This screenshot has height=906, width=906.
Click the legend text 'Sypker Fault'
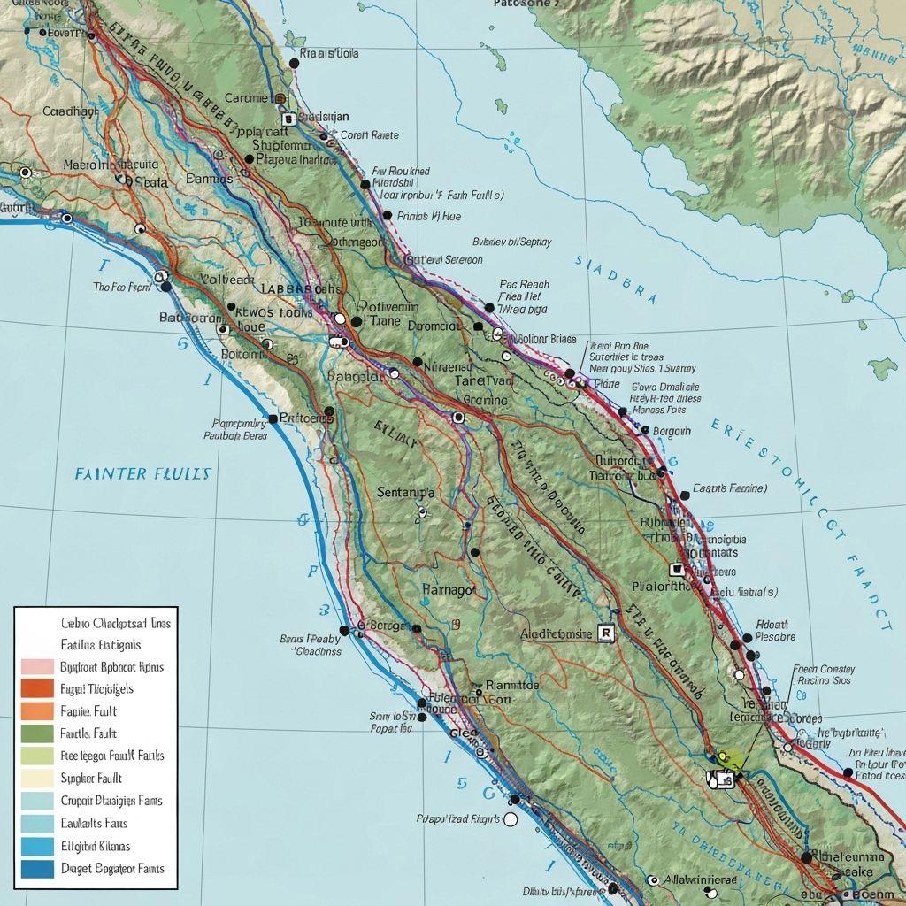(x=90, y=779)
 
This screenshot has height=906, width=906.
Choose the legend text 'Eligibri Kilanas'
(x=95, y=846)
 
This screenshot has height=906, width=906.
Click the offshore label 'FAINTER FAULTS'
(x=142, y=474)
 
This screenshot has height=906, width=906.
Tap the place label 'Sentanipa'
(x=405, y=492)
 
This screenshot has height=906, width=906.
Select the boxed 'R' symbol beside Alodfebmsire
(x=605, y=633)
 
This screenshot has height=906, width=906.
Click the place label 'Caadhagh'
(x=70, y=111)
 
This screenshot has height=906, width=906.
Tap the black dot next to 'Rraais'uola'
(x=293, y=63)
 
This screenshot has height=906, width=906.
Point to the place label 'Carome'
(x=247, y=98)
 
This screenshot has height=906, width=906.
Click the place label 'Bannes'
(x=210, y=178)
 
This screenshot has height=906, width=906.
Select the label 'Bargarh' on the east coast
(x=671, y=430)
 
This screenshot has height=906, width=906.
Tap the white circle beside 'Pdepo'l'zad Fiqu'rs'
(x=510, y=819)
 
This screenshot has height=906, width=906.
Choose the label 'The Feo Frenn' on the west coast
(x=122, y=287)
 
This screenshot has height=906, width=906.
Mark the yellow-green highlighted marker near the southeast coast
(x=728, y=758)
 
